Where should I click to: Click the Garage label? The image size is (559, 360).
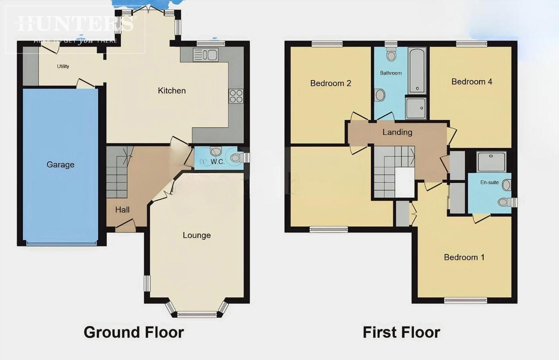coord(60,164)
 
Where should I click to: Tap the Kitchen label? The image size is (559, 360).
coord(171,91)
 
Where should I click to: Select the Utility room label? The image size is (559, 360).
coord(63,66)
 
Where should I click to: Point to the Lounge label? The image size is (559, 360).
coord(196,235)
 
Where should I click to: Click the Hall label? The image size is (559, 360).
coord(122,210)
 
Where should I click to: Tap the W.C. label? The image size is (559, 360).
coord(217,162)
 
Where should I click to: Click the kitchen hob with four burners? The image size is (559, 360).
coord(236,96)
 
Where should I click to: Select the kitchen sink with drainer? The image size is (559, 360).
coord(205,55)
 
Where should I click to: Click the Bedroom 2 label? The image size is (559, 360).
coord(331,83)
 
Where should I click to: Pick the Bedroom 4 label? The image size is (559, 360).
coord(472,82)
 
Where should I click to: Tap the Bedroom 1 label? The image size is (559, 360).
coord(464,257)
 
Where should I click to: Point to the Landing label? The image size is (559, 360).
coord(397,132)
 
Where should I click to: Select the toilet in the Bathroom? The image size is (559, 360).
coord(391,54)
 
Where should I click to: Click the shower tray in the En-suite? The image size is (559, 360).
coord(491,162)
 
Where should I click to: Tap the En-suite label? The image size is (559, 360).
coord(489,182)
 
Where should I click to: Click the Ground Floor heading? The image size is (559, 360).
coord(134,332)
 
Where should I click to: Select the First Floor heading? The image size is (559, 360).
coord(401,332)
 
